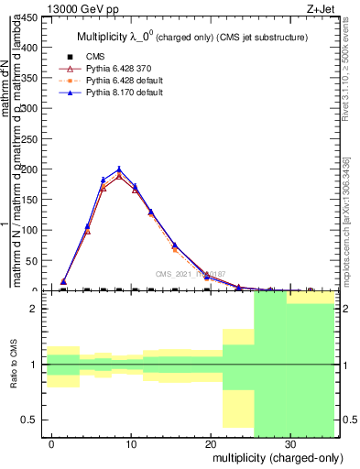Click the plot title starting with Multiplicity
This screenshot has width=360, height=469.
point(190,37)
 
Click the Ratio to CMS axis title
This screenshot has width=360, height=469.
point(14,365)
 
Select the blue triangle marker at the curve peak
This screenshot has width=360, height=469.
point(119,169)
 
